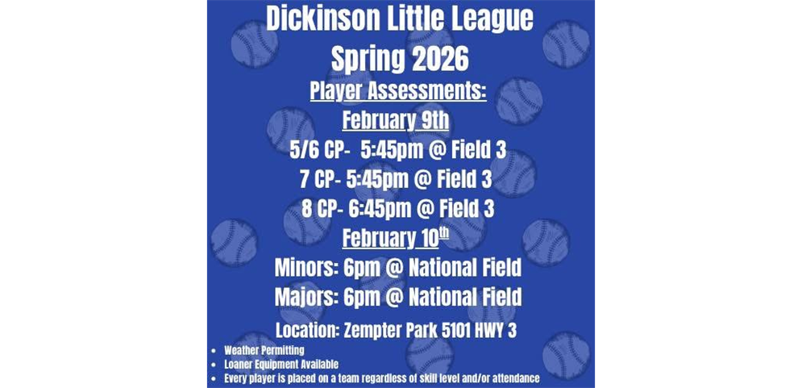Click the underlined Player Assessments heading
[398, 91]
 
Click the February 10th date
[395, 238]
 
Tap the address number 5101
[466, 330]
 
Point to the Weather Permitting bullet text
[264, 351]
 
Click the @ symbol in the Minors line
[393, 267]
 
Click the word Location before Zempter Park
[305, 330]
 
